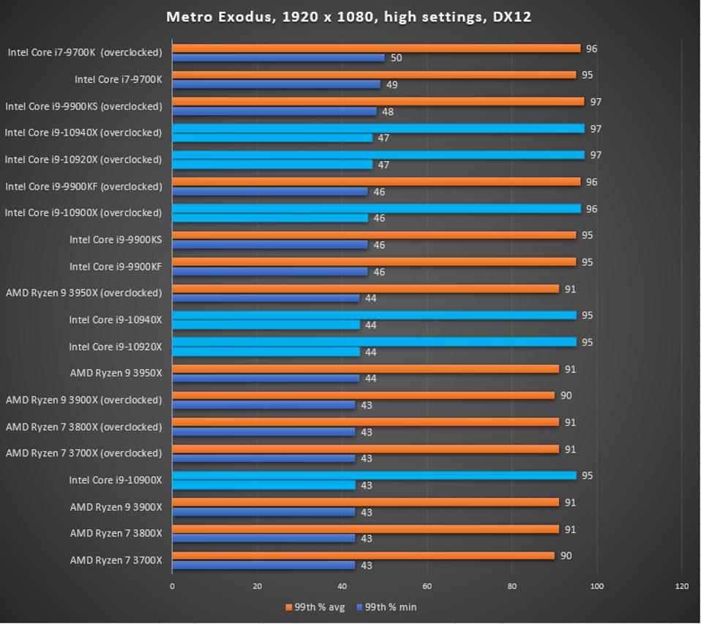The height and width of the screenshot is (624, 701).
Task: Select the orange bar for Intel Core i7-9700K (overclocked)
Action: (x=376, y=48)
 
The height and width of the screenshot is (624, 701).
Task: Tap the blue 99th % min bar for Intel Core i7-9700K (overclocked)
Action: (x=278, y=58)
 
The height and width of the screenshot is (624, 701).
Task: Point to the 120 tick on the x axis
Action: (x=681, y=586)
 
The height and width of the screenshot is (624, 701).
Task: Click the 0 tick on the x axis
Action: (x=172, y=586)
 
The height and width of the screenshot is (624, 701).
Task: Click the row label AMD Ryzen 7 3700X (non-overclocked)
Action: (x=116, y=560)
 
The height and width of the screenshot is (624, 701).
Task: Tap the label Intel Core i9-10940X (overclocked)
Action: (x=83, y=133)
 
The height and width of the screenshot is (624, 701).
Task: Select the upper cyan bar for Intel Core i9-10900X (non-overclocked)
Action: (x=374, y=475)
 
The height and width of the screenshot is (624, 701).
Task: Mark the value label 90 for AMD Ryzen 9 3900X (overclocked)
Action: (x=566, y=395)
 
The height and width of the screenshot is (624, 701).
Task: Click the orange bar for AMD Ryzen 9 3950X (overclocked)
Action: (x=365, y=289)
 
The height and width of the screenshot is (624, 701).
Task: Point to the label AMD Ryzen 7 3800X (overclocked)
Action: (x=83, y=427)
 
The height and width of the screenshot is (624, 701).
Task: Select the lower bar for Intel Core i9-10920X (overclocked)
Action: (x=272, y=165)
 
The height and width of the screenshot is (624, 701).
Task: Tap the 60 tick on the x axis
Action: (x=427, y=586)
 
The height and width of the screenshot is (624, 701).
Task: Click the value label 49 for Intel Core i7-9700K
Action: (x=392, y=85)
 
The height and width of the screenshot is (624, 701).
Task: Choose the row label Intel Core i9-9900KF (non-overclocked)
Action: (x=116, y=267)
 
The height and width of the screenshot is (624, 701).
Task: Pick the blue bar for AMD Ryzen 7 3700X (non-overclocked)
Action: (x=263, y=565)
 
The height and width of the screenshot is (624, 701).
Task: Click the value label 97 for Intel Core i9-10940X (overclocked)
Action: (x=596, y=129)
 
